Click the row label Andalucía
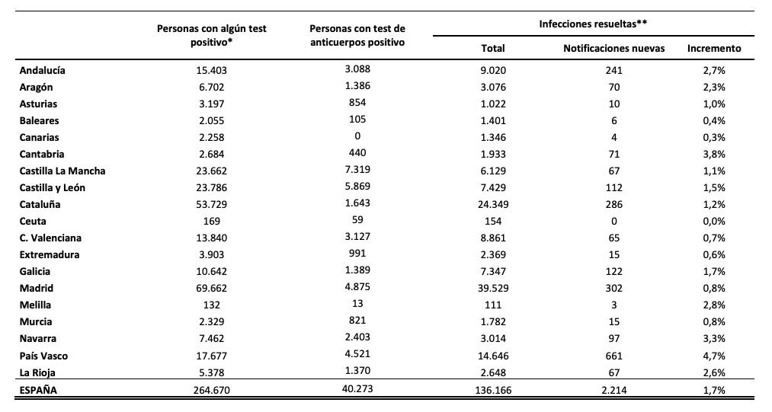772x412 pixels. [43, 70]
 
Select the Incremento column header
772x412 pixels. [714, 48]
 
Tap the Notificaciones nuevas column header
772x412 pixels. [614, 48]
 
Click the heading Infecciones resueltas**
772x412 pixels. [593, 24]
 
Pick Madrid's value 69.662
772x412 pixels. [212, 288]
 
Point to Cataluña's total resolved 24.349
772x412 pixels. [493, 204]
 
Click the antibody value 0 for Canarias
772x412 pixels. [357, 136]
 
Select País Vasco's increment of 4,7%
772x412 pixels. [714, 356]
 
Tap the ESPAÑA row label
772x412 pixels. [38, 391]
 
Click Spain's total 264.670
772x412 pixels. [212, 391]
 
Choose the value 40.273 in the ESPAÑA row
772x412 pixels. [357, 389]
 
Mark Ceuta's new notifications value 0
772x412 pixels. [614, 221]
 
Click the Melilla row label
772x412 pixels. [35, 305]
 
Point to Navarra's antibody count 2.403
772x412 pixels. [357, 337]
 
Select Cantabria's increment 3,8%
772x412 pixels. [714, 154]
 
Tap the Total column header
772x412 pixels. [493, 48]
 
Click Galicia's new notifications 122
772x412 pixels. [614, 271]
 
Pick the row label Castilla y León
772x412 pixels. [52, 187]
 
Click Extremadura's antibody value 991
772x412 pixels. [357, 253]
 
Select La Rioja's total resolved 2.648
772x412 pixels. [493, 372]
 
